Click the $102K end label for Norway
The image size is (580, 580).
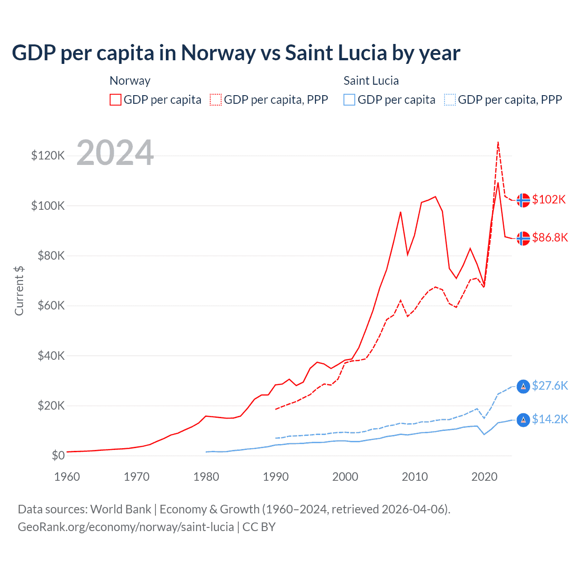coord(549,199)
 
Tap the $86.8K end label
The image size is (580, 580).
coord(550,237)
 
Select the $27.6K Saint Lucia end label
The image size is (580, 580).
coord(550,386)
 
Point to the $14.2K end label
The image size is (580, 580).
coord(550,419)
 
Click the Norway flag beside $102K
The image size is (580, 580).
coord(523,200)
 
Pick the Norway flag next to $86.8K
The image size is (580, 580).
coord(523,238)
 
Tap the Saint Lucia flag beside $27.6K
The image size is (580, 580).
coord(523,386)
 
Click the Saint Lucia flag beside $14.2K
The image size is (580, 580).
coord(523,420)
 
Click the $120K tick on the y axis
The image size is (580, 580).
coord(48,156)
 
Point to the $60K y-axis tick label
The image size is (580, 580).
coord(51,305)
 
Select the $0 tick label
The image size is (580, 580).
coord(58,455)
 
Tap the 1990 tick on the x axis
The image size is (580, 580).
coord(275,477)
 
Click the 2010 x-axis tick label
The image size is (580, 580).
coord(415,477)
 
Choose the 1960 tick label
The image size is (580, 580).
coord(67,477)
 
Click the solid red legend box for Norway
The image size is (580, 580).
coord(116,100)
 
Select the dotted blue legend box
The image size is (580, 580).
coord(450,100)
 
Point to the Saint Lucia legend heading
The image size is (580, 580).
coord(371,81)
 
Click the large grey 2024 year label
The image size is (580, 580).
coord(115,153)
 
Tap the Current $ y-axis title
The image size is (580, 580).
coord(19,291)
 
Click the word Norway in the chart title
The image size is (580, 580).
coord(218,53)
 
